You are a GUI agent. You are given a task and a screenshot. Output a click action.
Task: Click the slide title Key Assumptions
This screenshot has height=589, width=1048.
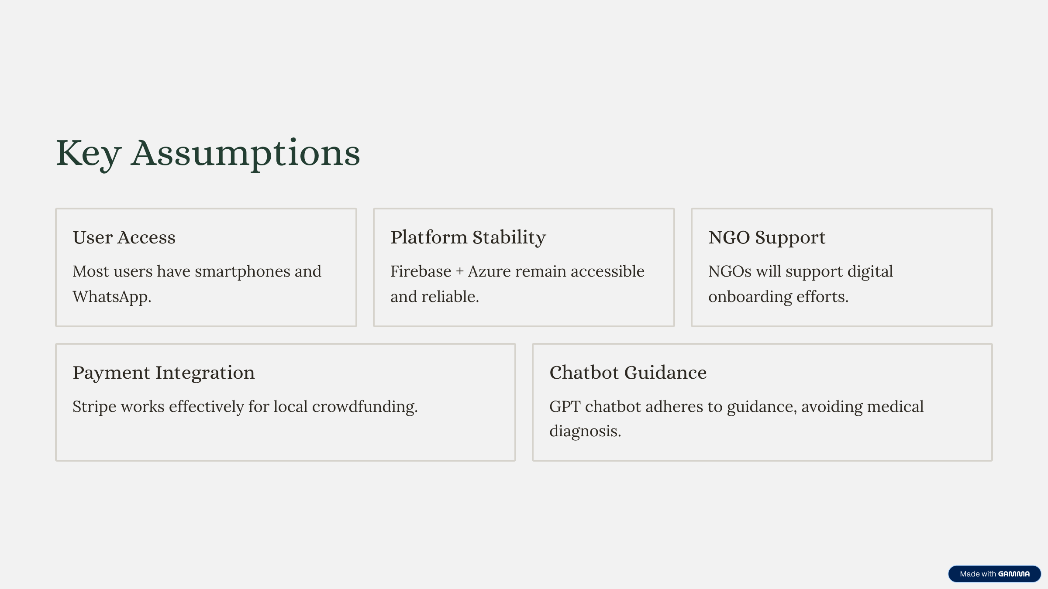pos(208,154)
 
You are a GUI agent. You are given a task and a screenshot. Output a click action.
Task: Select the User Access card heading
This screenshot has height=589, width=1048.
pos(124,237)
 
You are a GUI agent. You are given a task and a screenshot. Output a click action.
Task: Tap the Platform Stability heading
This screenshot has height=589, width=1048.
pos(468,238)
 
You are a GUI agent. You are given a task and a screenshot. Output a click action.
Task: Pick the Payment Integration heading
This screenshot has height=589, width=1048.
pos(164,373)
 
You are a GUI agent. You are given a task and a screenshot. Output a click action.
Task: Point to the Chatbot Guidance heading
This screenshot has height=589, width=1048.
pos(628,373)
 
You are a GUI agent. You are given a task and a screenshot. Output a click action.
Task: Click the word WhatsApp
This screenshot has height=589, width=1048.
pos(112,297)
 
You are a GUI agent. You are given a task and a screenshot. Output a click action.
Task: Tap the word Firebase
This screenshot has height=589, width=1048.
pos(421,271)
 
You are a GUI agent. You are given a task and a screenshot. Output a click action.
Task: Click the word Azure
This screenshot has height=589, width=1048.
pos(490,271)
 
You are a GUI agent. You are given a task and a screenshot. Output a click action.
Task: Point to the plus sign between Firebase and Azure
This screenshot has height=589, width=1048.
pos(460,272)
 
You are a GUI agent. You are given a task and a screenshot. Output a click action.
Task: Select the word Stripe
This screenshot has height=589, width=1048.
pos(94,407)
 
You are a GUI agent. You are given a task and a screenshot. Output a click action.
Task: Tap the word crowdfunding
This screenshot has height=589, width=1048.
pos(365,407)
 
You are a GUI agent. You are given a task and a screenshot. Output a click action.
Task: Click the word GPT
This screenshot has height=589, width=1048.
pos(565,407)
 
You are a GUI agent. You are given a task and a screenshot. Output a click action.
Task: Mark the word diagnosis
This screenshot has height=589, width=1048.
pos(585,431)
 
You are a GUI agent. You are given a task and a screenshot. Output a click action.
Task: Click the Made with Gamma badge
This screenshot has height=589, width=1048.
pos(994,574)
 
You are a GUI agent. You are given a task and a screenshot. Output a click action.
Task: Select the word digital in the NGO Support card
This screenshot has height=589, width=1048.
pos(870,272)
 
